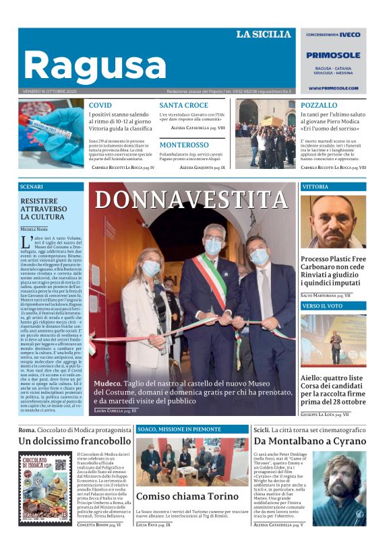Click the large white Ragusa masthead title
(94, 65)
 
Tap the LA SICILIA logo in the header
(263, 34)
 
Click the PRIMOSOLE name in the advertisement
(333, 56)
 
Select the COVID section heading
(100, 106)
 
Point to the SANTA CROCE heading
(183, 106)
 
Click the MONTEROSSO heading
(184, 145)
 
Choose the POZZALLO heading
(319, 106)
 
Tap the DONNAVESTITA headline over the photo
(191, 200)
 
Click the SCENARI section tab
(32, 186)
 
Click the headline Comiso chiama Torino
(177, 496)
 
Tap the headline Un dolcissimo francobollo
(74, 441)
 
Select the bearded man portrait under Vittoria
(332, 221)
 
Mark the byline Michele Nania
(34, 230)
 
